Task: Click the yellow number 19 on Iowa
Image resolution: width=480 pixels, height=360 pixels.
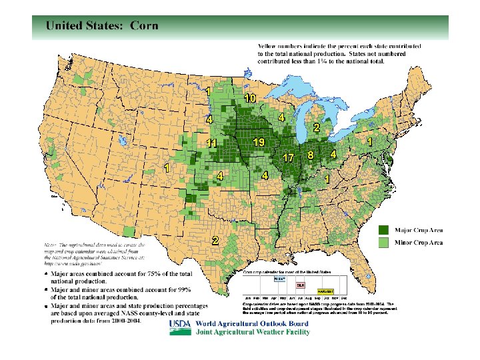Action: (260, 143)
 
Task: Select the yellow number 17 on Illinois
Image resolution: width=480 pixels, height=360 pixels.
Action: (289, 158)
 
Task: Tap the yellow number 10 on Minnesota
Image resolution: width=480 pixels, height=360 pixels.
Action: (250, 98)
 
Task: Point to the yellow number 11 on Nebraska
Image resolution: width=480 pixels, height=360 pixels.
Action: (212, 143)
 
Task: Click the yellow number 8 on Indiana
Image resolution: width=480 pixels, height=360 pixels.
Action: (311, 155)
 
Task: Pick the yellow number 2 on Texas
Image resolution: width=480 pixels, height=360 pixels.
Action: (215, 240)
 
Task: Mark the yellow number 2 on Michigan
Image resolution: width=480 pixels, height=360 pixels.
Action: (316, 127)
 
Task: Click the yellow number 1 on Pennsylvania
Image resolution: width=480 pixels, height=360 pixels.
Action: (369, 142)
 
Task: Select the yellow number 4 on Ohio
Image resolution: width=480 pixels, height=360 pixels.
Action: (333, 154)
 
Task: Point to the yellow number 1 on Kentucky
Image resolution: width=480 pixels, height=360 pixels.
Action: (327, 179)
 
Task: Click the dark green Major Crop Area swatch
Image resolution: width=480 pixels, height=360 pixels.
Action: (385, 230)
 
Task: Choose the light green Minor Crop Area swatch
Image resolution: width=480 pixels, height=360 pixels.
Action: (385, 243)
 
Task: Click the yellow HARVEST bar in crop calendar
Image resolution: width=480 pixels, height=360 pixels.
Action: (325, 291)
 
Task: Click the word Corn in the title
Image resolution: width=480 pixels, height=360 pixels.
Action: (144, 25)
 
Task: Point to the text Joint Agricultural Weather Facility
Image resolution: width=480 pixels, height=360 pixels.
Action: (252, 332)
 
